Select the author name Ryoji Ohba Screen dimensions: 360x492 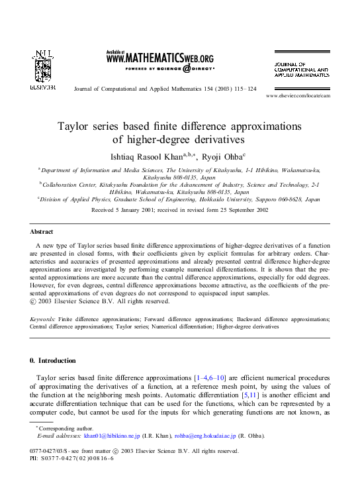[x=222, y=157]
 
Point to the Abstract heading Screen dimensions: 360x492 [x=42, y=232]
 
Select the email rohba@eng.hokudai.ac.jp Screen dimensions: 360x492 [x=206, y=436]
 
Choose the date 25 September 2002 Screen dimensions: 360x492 [x=235, y=209]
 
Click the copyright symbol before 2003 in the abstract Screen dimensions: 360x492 [x=34, y=302]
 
